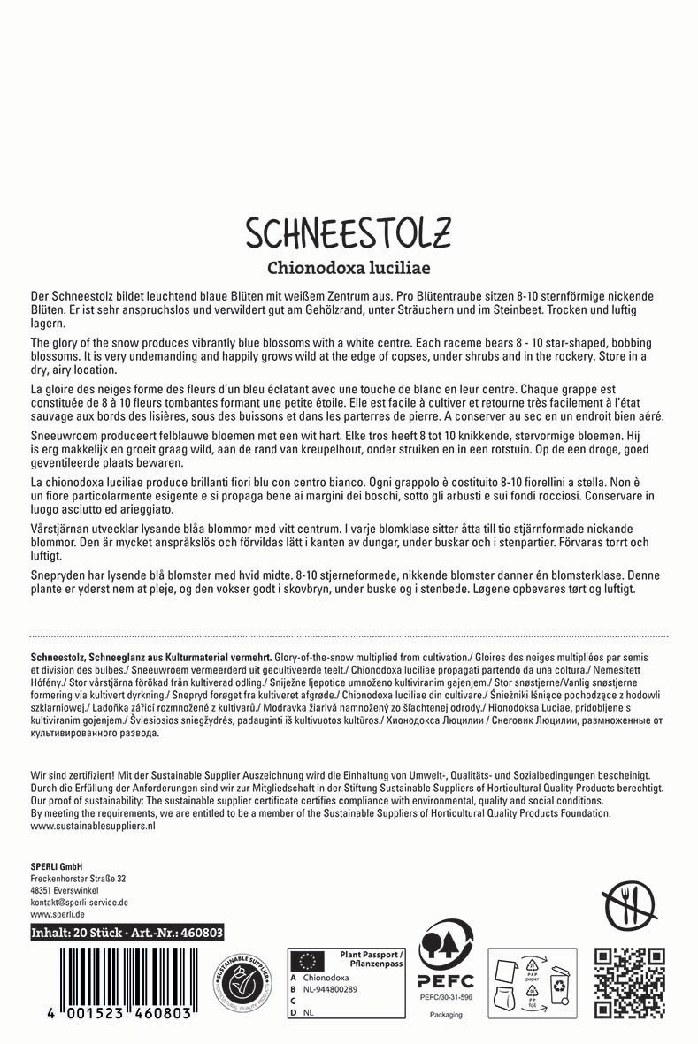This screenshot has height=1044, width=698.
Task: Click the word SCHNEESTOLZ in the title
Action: [x=348, y=233]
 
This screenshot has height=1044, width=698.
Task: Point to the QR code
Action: [x=629, y=983]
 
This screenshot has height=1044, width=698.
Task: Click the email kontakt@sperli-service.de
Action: [x=80, y=903]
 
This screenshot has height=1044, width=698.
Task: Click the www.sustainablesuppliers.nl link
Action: [x=93, y=825]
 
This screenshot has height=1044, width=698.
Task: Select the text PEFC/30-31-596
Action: [x=446, y=996]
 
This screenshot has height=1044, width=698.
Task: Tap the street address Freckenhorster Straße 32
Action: [x=78, y=879]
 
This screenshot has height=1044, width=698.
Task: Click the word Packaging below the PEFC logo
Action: [x=446, y=1015]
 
